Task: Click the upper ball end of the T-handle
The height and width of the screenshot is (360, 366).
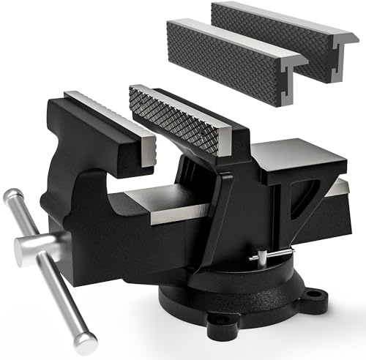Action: [12, 196]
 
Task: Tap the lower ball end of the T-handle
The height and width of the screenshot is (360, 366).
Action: [87, 340]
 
